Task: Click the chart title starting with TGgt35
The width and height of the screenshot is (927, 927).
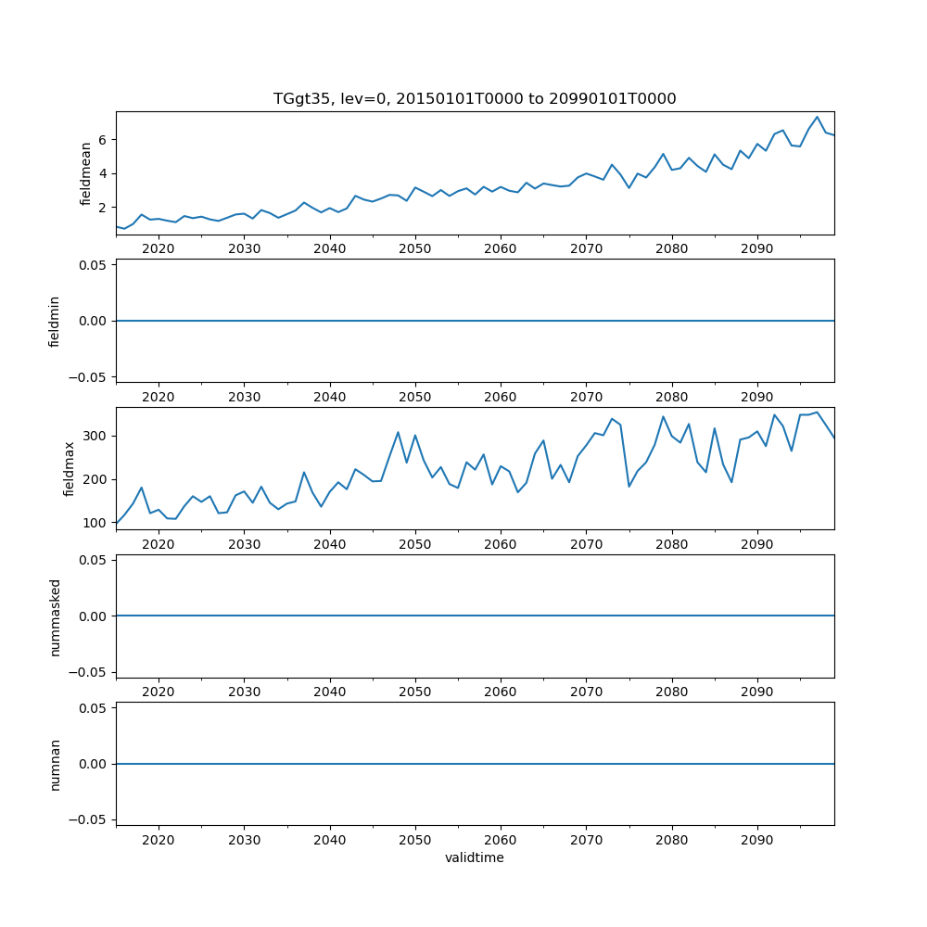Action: click(475, 98)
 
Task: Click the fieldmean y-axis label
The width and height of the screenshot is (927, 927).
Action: click(85, 173)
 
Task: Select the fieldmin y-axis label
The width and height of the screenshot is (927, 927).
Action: click(55, 321)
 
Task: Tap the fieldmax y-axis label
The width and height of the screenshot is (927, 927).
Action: click(69, 468)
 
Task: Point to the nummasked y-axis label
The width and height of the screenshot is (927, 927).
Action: click(55, 616)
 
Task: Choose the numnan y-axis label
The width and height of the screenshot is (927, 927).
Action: click(55, 764)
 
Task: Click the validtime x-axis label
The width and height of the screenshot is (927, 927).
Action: click(475, 857)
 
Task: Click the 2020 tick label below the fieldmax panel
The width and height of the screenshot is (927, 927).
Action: click(159, 544)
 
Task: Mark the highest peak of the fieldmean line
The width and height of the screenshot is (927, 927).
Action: click(817, 117)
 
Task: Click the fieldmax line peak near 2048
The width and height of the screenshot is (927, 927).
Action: click(398, 432)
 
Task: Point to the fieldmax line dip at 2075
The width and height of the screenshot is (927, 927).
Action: click(629, 487)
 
